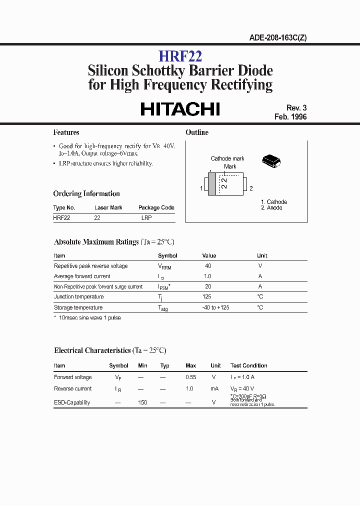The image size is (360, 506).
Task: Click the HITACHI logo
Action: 180,108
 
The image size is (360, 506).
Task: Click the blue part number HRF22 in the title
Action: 180,55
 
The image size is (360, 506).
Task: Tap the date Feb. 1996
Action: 290,116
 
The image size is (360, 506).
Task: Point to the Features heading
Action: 66,132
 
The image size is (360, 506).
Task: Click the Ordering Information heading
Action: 86,193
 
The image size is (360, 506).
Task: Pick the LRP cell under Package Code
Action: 146,218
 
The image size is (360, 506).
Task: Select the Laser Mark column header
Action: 108,207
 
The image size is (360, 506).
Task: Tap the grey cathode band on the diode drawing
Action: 212,183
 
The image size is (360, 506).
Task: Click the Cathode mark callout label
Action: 227,158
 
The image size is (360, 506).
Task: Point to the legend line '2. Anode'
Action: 271,207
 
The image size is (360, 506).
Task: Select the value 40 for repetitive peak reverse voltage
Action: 208,266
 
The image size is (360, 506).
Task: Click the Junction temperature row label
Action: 78,297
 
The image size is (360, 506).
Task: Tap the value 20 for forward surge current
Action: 208,286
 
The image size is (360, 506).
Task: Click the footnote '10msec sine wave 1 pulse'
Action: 89,318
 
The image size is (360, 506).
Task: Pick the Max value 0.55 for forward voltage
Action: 190,377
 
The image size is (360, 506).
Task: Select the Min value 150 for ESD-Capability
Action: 142,402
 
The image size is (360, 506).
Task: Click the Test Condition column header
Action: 248,365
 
